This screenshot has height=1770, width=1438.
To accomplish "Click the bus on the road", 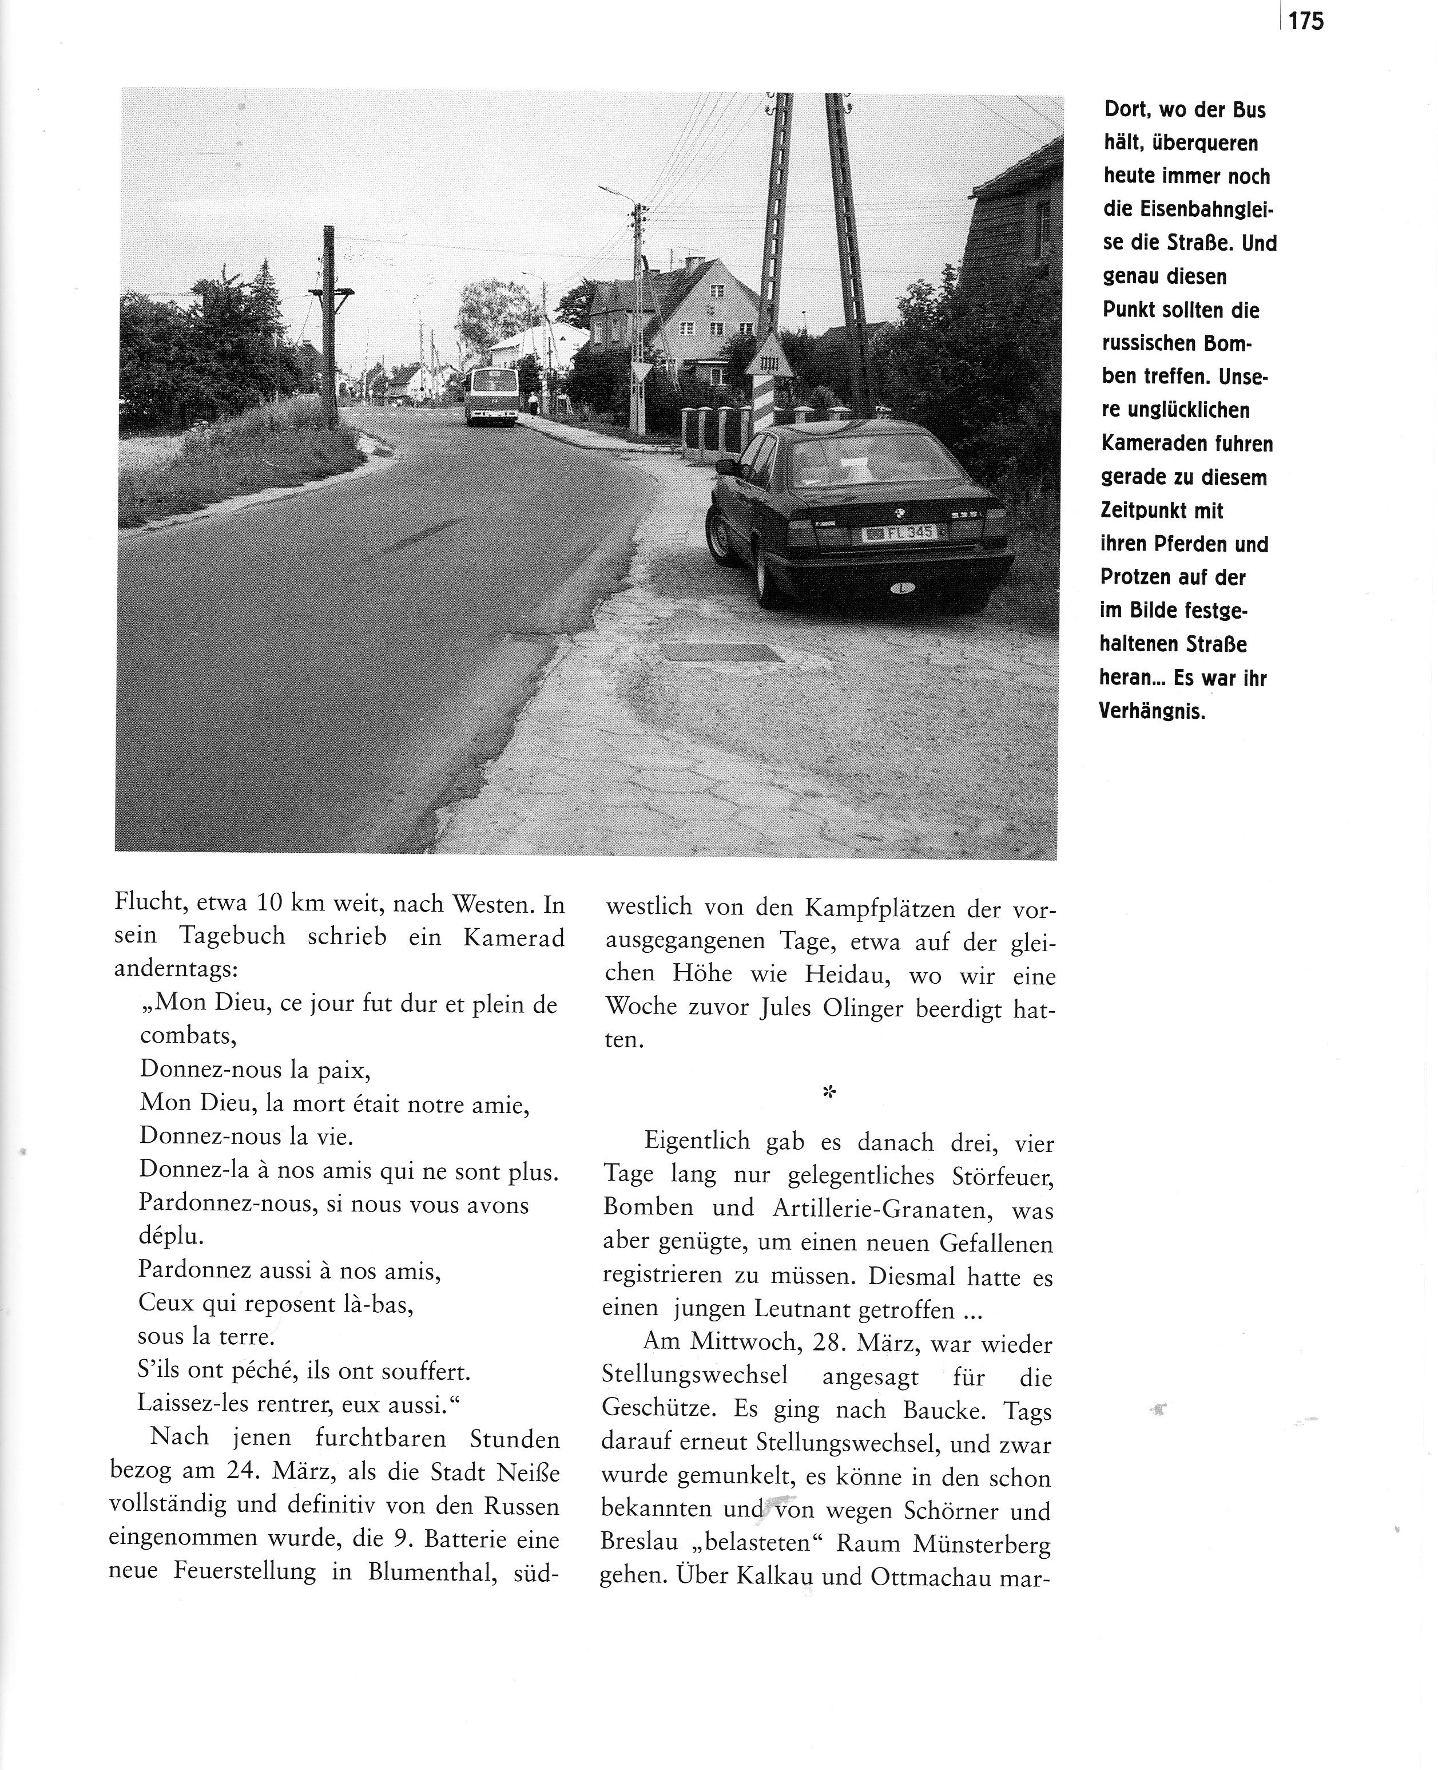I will pos(491,395).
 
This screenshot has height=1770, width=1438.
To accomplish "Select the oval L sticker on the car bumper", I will pos(901,588).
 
